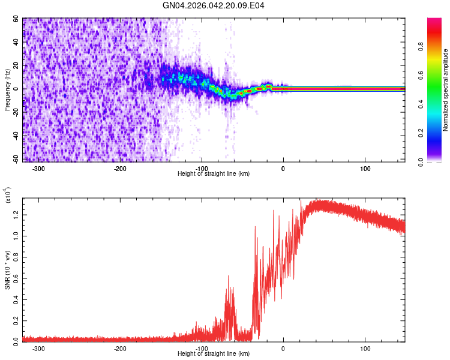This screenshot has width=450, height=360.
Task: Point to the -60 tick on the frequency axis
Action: click(x=16, y=158)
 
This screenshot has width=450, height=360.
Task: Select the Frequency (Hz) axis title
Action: click(x=8, y=89)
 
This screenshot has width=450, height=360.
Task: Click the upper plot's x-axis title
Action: click(x=214, y=173)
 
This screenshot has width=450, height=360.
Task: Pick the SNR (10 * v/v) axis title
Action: click(x=8, y=269)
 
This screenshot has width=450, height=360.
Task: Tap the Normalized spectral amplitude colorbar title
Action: click(x=445, y=90)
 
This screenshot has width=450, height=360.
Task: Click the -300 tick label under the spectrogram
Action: click(x=38, y=167)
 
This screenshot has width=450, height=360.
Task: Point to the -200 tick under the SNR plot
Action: click(x=120, y=348)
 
